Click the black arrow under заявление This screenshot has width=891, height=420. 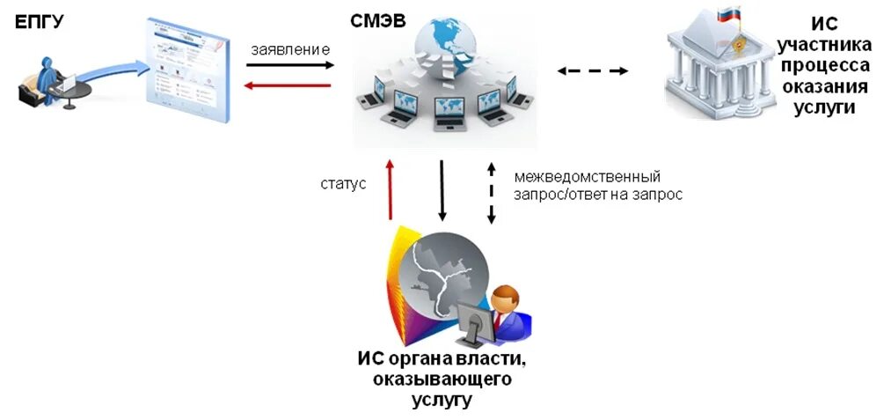coord(290,65)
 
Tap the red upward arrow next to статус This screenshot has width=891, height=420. coord(390,189)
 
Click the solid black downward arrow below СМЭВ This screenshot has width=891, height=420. coord(442,189)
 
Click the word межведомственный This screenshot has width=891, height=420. coord(587,177)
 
